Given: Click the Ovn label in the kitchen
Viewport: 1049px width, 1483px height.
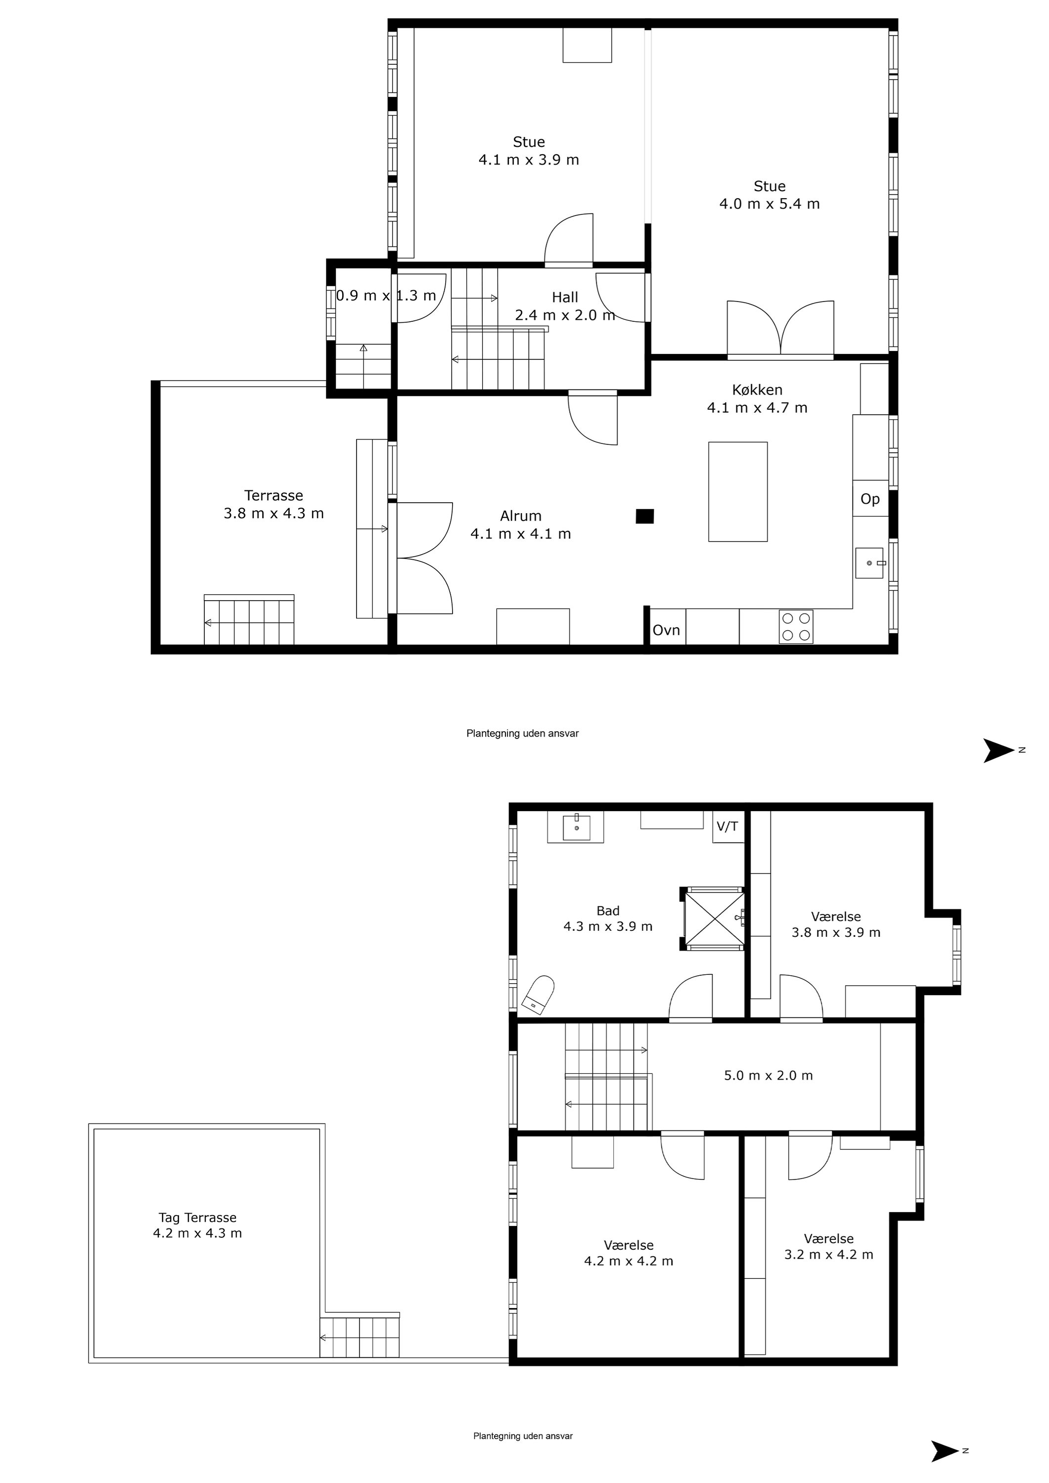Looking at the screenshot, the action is point(666,630).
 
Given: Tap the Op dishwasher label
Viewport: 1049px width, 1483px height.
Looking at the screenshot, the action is point(870,499).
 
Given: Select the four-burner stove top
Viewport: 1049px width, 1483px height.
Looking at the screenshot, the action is point(796,626).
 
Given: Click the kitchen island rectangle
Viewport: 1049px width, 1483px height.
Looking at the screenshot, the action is point(737,491).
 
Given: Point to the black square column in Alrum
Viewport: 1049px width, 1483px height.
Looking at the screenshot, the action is point(645,516).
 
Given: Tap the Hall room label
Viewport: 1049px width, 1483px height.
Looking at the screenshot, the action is point(565,306).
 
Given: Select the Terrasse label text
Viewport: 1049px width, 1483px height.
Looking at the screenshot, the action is point(274,504).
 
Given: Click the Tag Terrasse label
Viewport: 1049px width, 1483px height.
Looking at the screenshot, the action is point(197,1225).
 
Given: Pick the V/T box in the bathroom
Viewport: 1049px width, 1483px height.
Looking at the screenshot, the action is point(728,827).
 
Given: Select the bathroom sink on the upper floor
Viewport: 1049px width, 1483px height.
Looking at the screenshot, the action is point(576,827).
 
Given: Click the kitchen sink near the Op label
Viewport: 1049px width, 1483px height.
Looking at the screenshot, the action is point(869,563).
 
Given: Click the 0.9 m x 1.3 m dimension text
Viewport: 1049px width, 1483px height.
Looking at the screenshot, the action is point(386,296).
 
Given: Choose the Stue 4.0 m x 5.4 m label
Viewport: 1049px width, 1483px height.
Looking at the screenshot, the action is point(769,195).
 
